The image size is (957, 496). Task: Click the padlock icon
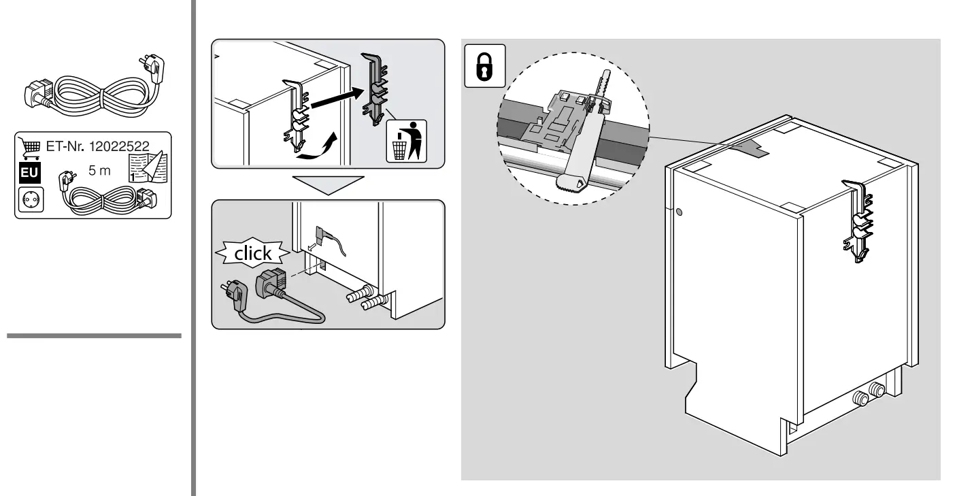[484, 66]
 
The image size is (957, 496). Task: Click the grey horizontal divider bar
[94, 335]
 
